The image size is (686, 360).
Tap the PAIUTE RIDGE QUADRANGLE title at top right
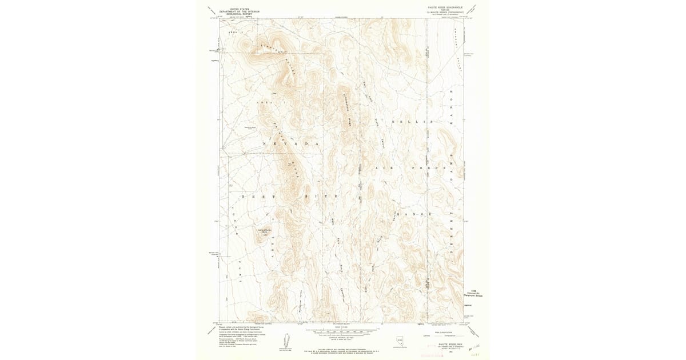point(443,7)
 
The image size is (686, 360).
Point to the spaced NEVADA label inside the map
point(290,143)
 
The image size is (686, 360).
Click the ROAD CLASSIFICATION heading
point(444,332)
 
